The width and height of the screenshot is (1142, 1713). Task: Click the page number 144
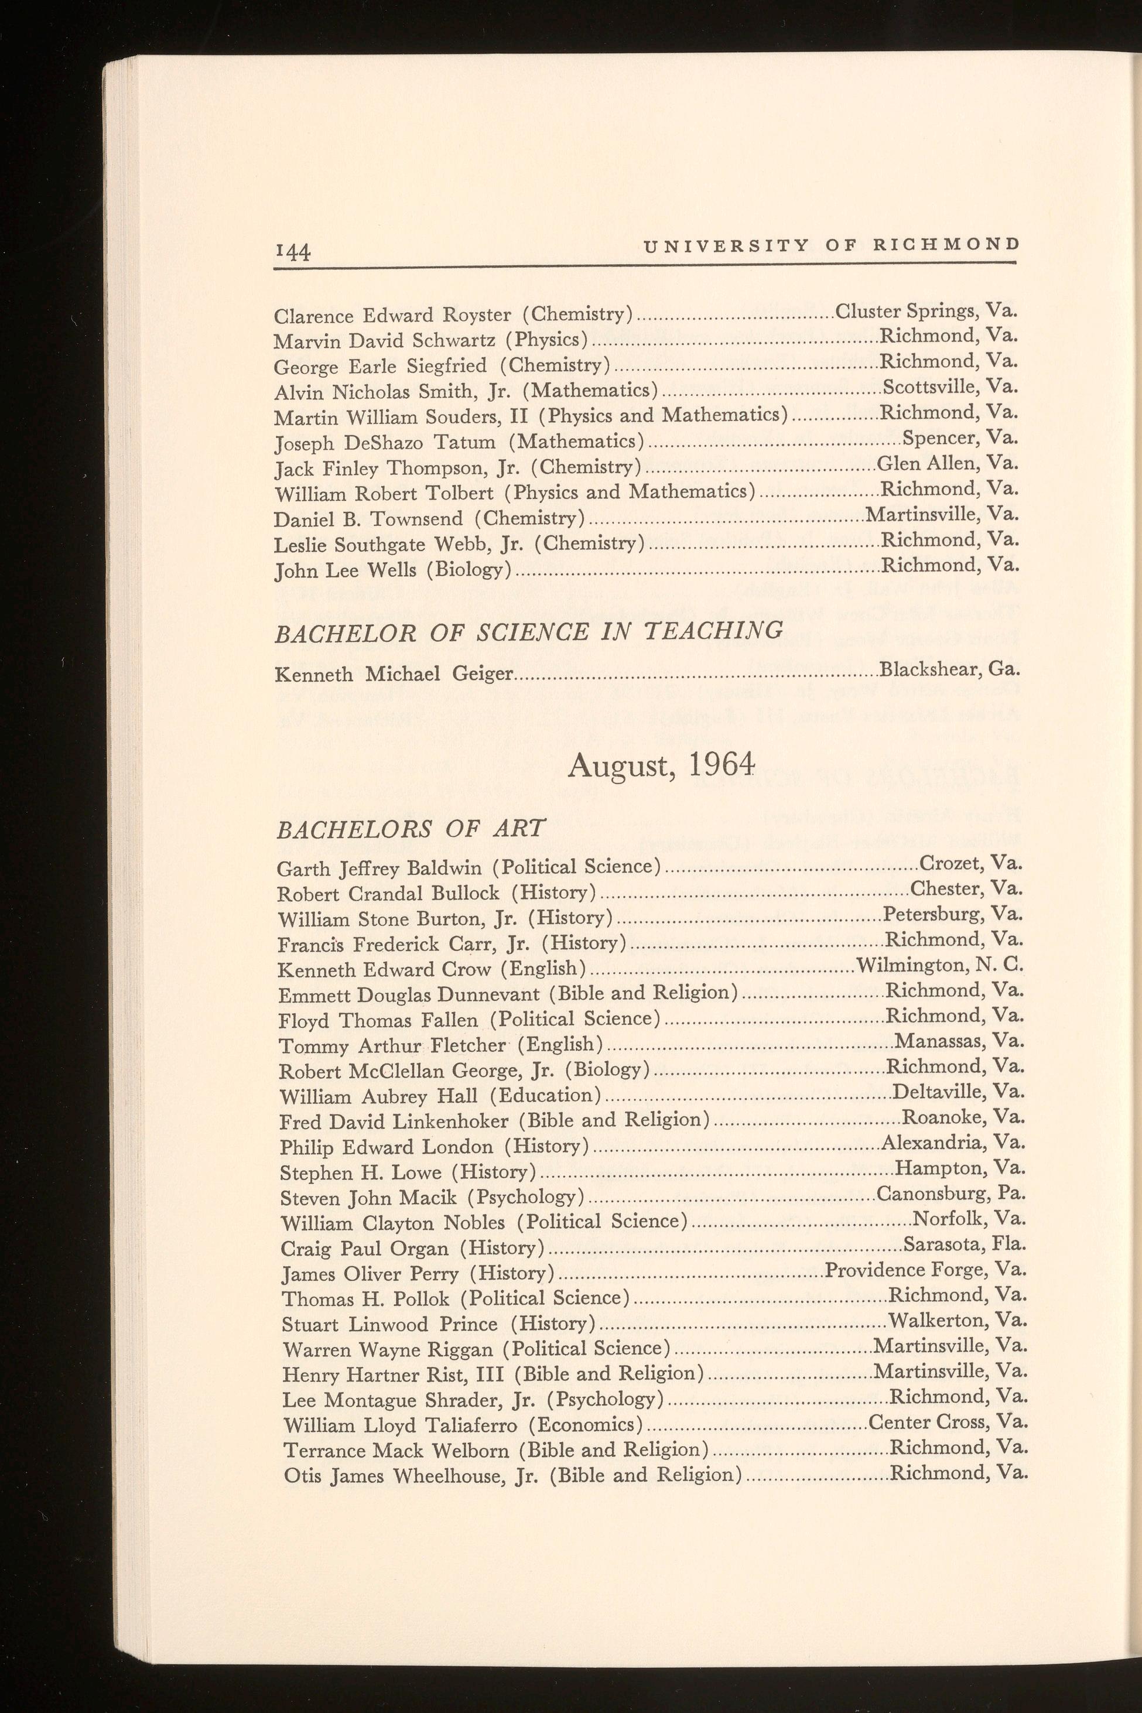point(293,252)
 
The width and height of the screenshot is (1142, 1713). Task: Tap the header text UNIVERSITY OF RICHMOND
point(831,245)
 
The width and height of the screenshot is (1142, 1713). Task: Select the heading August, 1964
point(660,765)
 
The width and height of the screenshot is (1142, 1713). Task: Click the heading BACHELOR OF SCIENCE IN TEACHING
point(529,631)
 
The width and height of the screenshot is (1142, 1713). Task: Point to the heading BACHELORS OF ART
point(411,829)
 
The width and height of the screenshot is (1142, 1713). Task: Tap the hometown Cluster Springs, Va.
point(926,311)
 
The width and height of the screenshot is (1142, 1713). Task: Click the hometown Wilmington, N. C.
point(939,966)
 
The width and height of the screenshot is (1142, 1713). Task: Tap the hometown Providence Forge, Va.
point(925,1270)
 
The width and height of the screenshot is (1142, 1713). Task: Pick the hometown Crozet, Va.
point(971,863)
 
